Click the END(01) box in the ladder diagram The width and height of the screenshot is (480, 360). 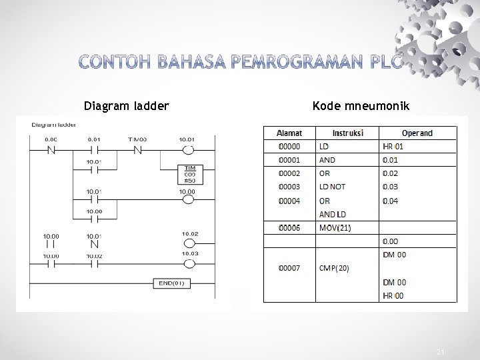click(171, 283)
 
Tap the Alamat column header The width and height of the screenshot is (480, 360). click(289, 133)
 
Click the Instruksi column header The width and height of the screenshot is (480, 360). click(347, 133)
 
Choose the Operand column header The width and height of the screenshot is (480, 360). click(417, 133)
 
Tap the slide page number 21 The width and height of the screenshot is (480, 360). click(439, 351)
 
